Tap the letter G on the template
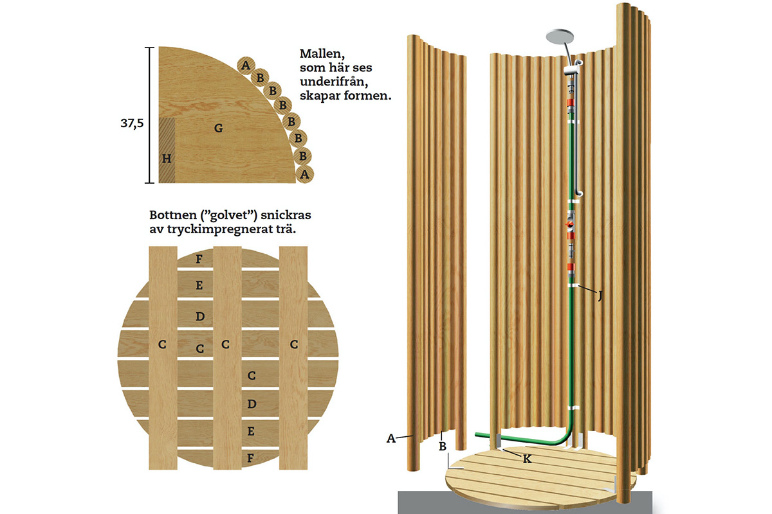click(x=219, y=128)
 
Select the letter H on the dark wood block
click(x=167, y=158)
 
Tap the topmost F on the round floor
click(x=199, y=260)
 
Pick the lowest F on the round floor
click(x=252, y=457)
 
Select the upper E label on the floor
click(x=199, y=285)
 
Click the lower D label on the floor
click(x=252, y=403)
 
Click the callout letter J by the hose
click(x=600, y=296)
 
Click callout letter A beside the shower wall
click(x=391, y=438)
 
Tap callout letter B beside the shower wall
click(x=443, y=444)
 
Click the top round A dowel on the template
click(x=245, y=64)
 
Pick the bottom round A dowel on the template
click(x=305, y=173)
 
